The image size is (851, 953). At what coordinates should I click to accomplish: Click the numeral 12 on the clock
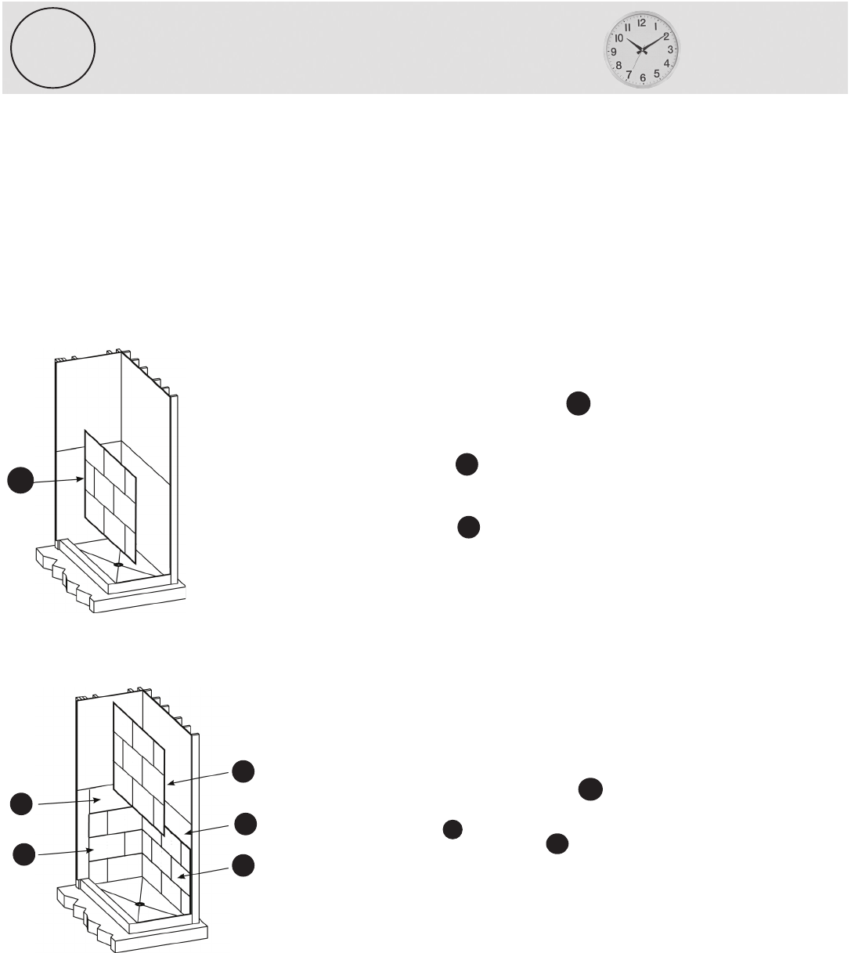point(641,23)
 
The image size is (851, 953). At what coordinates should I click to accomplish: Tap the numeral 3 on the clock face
point(670,49)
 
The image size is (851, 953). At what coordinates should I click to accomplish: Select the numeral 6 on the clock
point(643,78)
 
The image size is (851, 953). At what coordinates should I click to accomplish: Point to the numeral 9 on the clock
point(614,52)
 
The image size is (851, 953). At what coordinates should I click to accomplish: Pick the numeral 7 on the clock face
point(629,75)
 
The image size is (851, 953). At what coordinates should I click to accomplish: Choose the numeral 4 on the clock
point(666,63)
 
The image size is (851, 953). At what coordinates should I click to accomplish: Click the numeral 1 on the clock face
point(656,27)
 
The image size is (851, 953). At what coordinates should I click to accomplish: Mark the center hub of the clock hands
point(642,50)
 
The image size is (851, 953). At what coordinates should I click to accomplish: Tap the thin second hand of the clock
point(638,60)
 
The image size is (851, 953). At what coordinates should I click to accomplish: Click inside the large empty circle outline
point(52,48)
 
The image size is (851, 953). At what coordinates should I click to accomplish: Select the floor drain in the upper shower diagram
point(118,564)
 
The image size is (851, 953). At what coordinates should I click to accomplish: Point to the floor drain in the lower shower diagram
point(139,904)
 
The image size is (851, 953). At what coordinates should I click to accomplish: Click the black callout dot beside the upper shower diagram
point(20,480)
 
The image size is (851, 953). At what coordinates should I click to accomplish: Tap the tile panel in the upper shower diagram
point(110,496)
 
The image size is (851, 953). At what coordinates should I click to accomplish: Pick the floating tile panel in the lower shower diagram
point(139,769)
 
